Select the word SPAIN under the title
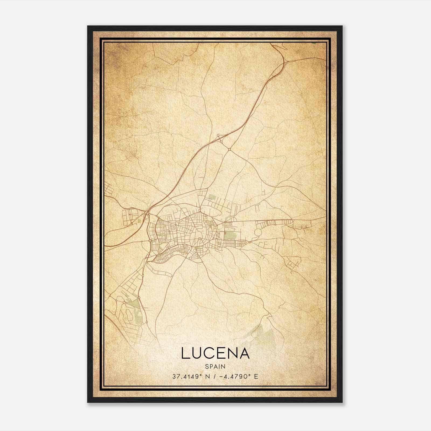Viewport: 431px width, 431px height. point(215,367)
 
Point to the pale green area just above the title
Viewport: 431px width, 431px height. point(263,334)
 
